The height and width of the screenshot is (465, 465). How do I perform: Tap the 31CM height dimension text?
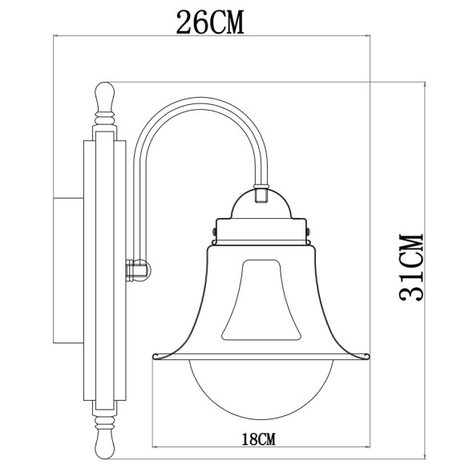pyautogui.click(x=410, y=268)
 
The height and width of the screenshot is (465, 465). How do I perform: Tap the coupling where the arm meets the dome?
pyautogui.click(x=260, y=193)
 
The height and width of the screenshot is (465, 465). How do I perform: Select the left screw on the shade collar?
pyautogui.click(x=214, y=232)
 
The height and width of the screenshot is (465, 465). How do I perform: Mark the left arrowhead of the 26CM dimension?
pyautogui.click(x=56, y=36)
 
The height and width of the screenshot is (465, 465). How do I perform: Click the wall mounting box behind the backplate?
pyautogui.click(x=67, y=269)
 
